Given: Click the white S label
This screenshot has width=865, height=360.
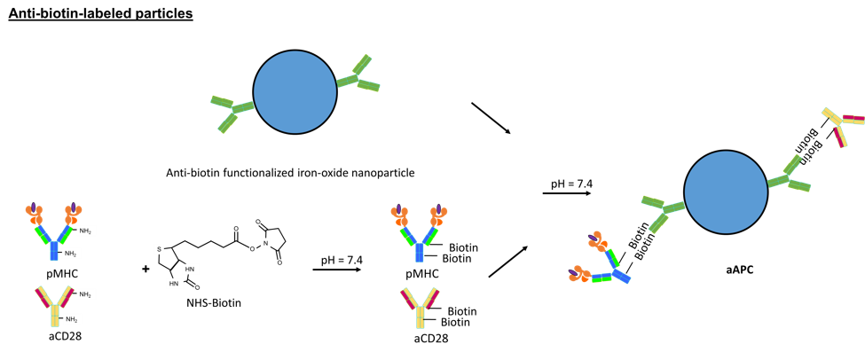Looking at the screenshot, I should [x=159, y=249].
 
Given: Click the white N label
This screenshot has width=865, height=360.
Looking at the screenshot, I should [x=265, y=243].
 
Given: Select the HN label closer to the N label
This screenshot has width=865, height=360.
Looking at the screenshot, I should [x=191, y=269].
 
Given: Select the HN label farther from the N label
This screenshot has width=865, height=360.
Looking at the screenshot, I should [x=175, y=284].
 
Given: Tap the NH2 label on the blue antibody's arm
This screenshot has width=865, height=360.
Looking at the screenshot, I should [x=86, y=231].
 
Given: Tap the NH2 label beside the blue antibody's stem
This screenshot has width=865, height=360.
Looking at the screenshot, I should [x=71, y=254].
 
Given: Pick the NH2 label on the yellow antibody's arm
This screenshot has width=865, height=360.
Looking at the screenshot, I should [x=86, y=293].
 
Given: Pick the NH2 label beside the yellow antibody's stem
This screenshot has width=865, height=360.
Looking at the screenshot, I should [x=72, y=318].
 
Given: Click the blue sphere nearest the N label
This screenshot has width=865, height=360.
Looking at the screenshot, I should [x=295, y=92].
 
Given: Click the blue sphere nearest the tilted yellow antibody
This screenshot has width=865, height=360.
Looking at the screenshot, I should [x=726, y=192].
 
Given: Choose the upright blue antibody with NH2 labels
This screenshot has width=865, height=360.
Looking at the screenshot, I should [x=53, y=232].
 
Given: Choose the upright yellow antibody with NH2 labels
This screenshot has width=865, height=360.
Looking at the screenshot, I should [x=55, y=304].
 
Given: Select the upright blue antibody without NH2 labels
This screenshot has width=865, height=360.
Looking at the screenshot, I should [x=419, y=232].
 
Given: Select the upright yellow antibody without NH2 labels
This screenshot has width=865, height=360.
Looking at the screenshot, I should [x=420, y=306].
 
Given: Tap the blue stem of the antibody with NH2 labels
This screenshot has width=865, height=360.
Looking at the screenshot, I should [x=54, y=252].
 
